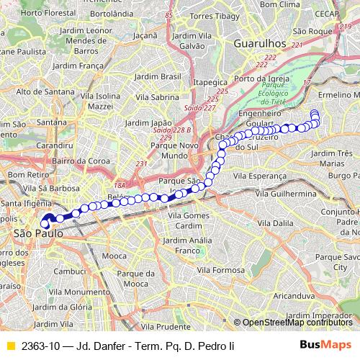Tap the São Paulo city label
[34, 234]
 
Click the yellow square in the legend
[10, 346]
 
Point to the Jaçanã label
[145, 34]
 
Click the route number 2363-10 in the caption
[40, 346]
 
